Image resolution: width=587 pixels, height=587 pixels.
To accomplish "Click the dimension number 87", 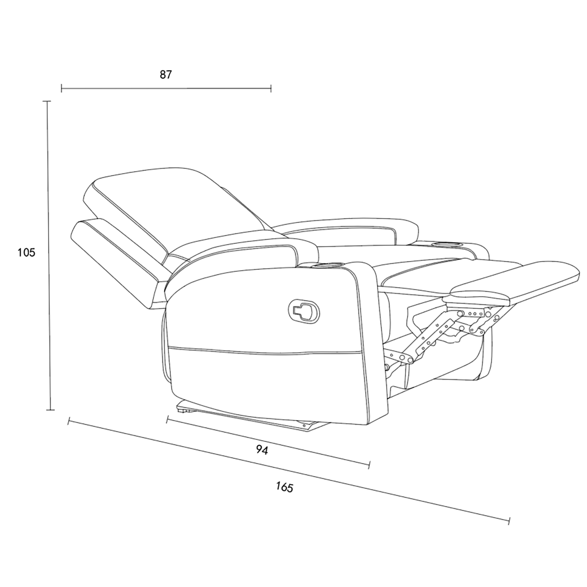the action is (165, 75).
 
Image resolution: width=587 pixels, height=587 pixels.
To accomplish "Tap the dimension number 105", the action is (26, 252).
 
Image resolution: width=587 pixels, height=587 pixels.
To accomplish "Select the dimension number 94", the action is (262, 450).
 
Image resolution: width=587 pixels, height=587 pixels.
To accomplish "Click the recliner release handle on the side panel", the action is (304, 311).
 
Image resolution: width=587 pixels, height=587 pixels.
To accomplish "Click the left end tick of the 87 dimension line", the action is (62, 88).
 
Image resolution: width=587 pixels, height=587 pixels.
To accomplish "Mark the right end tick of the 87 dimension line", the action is (271, 88).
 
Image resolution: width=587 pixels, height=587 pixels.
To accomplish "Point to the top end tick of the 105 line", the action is (47, 101).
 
